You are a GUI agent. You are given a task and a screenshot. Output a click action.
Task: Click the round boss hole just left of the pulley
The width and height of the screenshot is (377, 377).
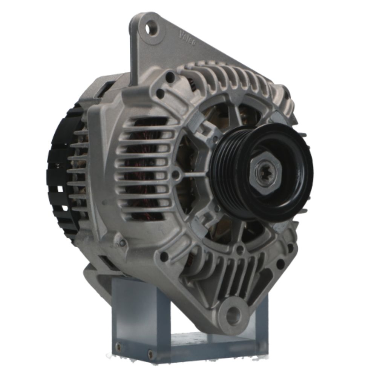pyautogui.click(x=176, y=174)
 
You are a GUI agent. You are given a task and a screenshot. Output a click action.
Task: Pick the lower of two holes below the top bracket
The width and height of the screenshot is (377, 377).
pyautogui.click(x=160, y=93)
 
